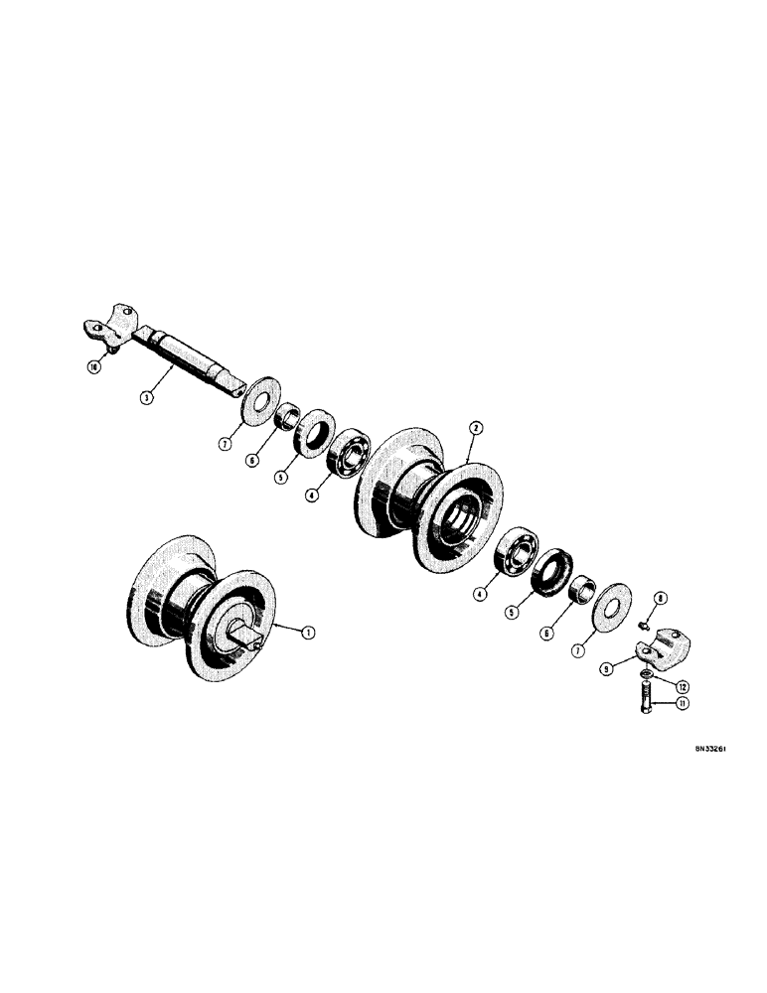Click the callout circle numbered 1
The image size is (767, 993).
point(308,630)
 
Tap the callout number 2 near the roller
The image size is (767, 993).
point(476,428)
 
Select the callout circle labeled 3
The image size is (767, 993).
point(146,397)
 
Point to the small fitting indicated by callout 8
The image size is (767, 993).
point(645,626)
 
